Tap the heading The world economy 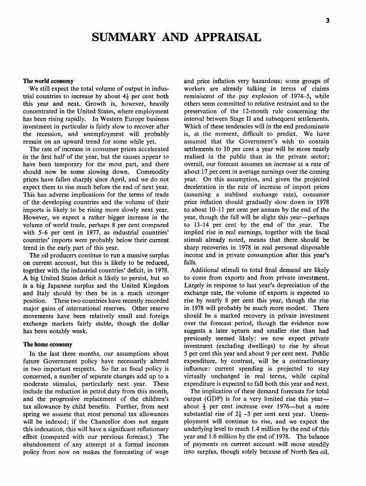coord(48,81)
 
